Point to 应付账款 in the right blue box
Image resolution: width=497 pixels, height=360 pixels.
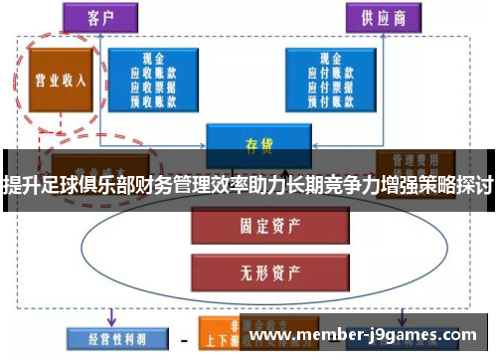324,73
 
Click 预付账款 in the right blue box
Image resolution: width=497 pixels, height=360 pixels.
324,98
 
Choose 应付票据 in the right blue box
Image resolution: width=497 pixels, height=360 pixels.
324,86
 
